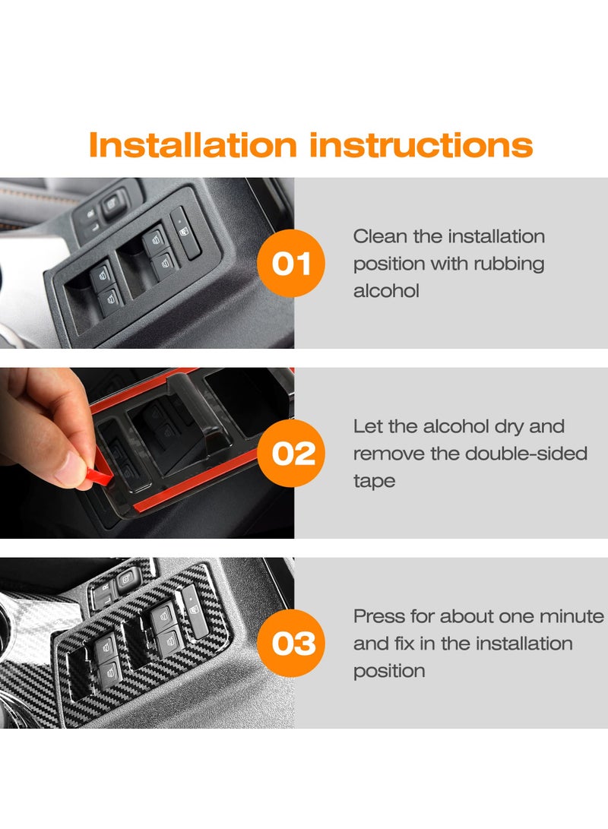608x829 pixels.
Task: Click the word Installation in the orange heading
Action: (192, 144)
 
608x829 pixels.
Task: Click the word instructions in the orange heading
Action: (418, 144)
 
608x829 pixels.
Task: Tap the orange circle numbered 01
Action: (292, 264)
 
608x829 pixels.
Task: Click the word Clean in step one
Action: (381, 236)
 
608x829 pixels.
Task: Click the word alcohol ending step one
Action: (386, 291)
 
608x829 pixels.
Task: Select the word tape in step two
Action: (374, 481)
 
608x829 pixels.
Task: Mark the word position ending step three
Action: (389, 671)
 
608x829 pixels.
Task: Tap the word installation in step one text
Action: (496, 236)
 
